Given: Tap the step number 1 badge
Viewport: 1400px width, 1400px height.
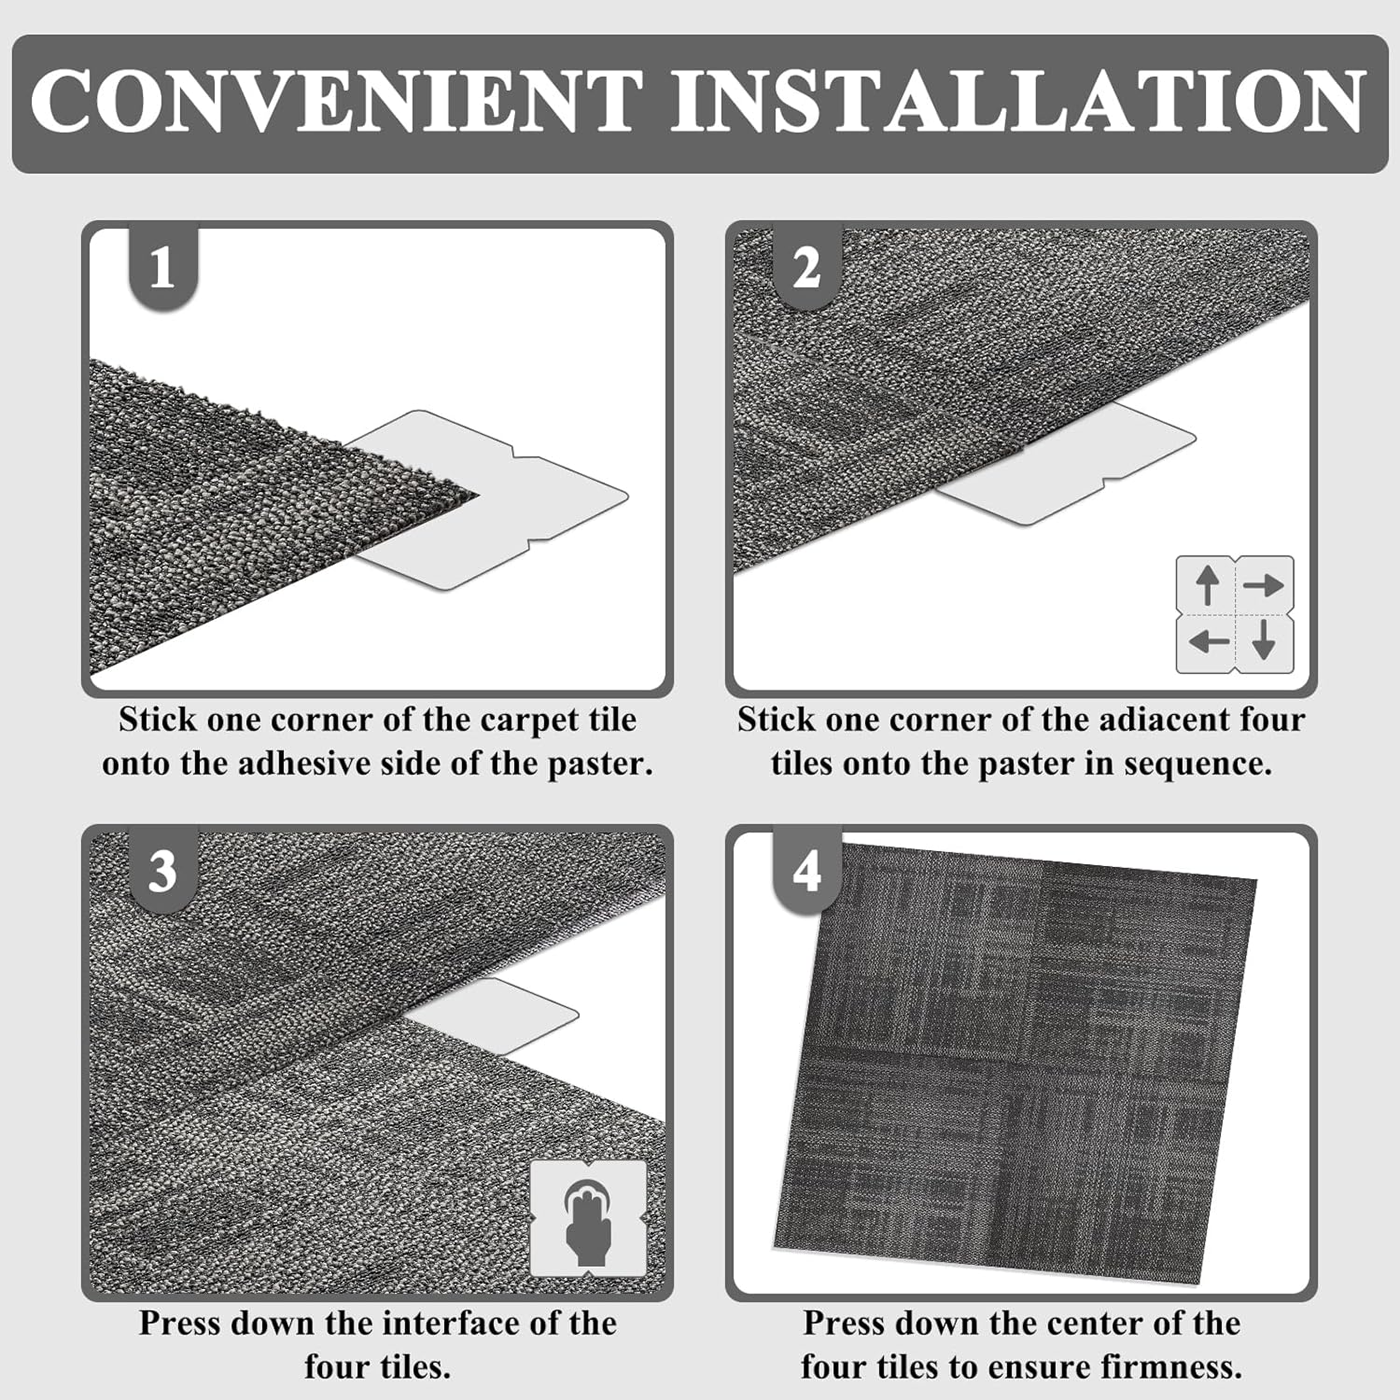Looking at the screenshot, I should (x=162, y=269).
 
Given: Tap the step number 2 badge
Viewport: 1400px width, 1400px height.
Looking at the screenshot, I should (x=806, y=269).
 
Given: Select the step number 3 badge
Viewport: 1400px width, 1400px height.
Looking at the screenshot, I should (x=162, y=872).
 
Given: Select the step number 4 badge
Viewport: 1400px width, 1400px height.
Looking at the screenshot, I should (x=806, y=872).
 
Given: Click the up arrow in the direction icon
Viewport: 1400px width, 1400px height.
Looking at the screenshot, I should (x=1208, y=585).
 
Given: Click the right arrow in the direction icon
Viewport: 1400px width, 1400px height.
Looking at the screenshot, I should (x=1264, y=585).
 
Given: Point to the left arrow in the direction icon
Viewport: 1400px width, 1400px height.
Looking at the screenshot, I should (x=1208, y=642).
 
